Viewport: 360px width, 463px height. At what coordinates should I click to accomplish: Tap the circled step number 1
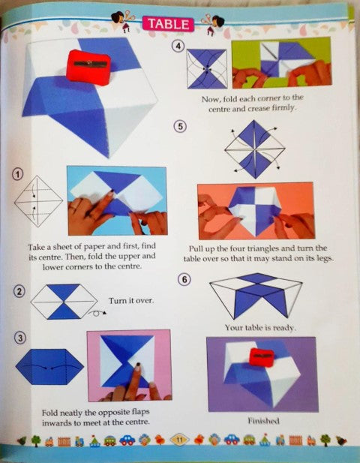[x=17, y=174]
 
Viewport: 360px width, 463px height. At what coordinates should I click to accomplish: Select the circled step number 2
[x=19, y=291]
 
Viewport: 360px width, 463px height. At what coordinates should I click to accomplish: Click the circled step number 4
[x=178, y=46]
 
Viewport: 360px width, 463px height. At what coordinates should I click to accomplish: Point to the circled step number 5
[x=180, y=125]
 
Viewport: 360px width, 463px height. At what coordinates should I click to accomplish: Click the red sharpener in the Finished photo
[x=262, y=356]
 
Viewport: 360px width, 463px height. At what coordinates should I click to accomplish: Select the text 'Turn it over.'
[x=130, y=300]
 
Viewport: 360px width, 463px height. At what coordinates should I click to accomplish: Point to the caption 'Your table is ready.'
[x=259, y=328]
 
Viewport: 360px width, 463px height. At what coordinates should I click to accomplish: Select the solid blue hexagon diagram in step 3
[x=49, y=367]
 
